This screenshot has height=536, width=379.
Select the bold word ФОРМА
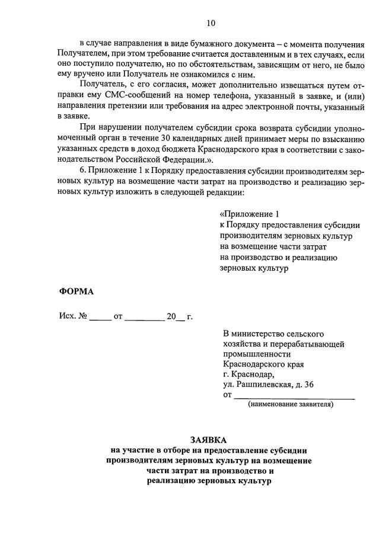click(77, 291)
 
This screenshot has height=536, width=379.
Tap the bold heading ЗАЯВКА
click(209, 440)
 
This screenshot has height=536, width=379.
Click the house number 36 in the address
click(308, 384)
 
